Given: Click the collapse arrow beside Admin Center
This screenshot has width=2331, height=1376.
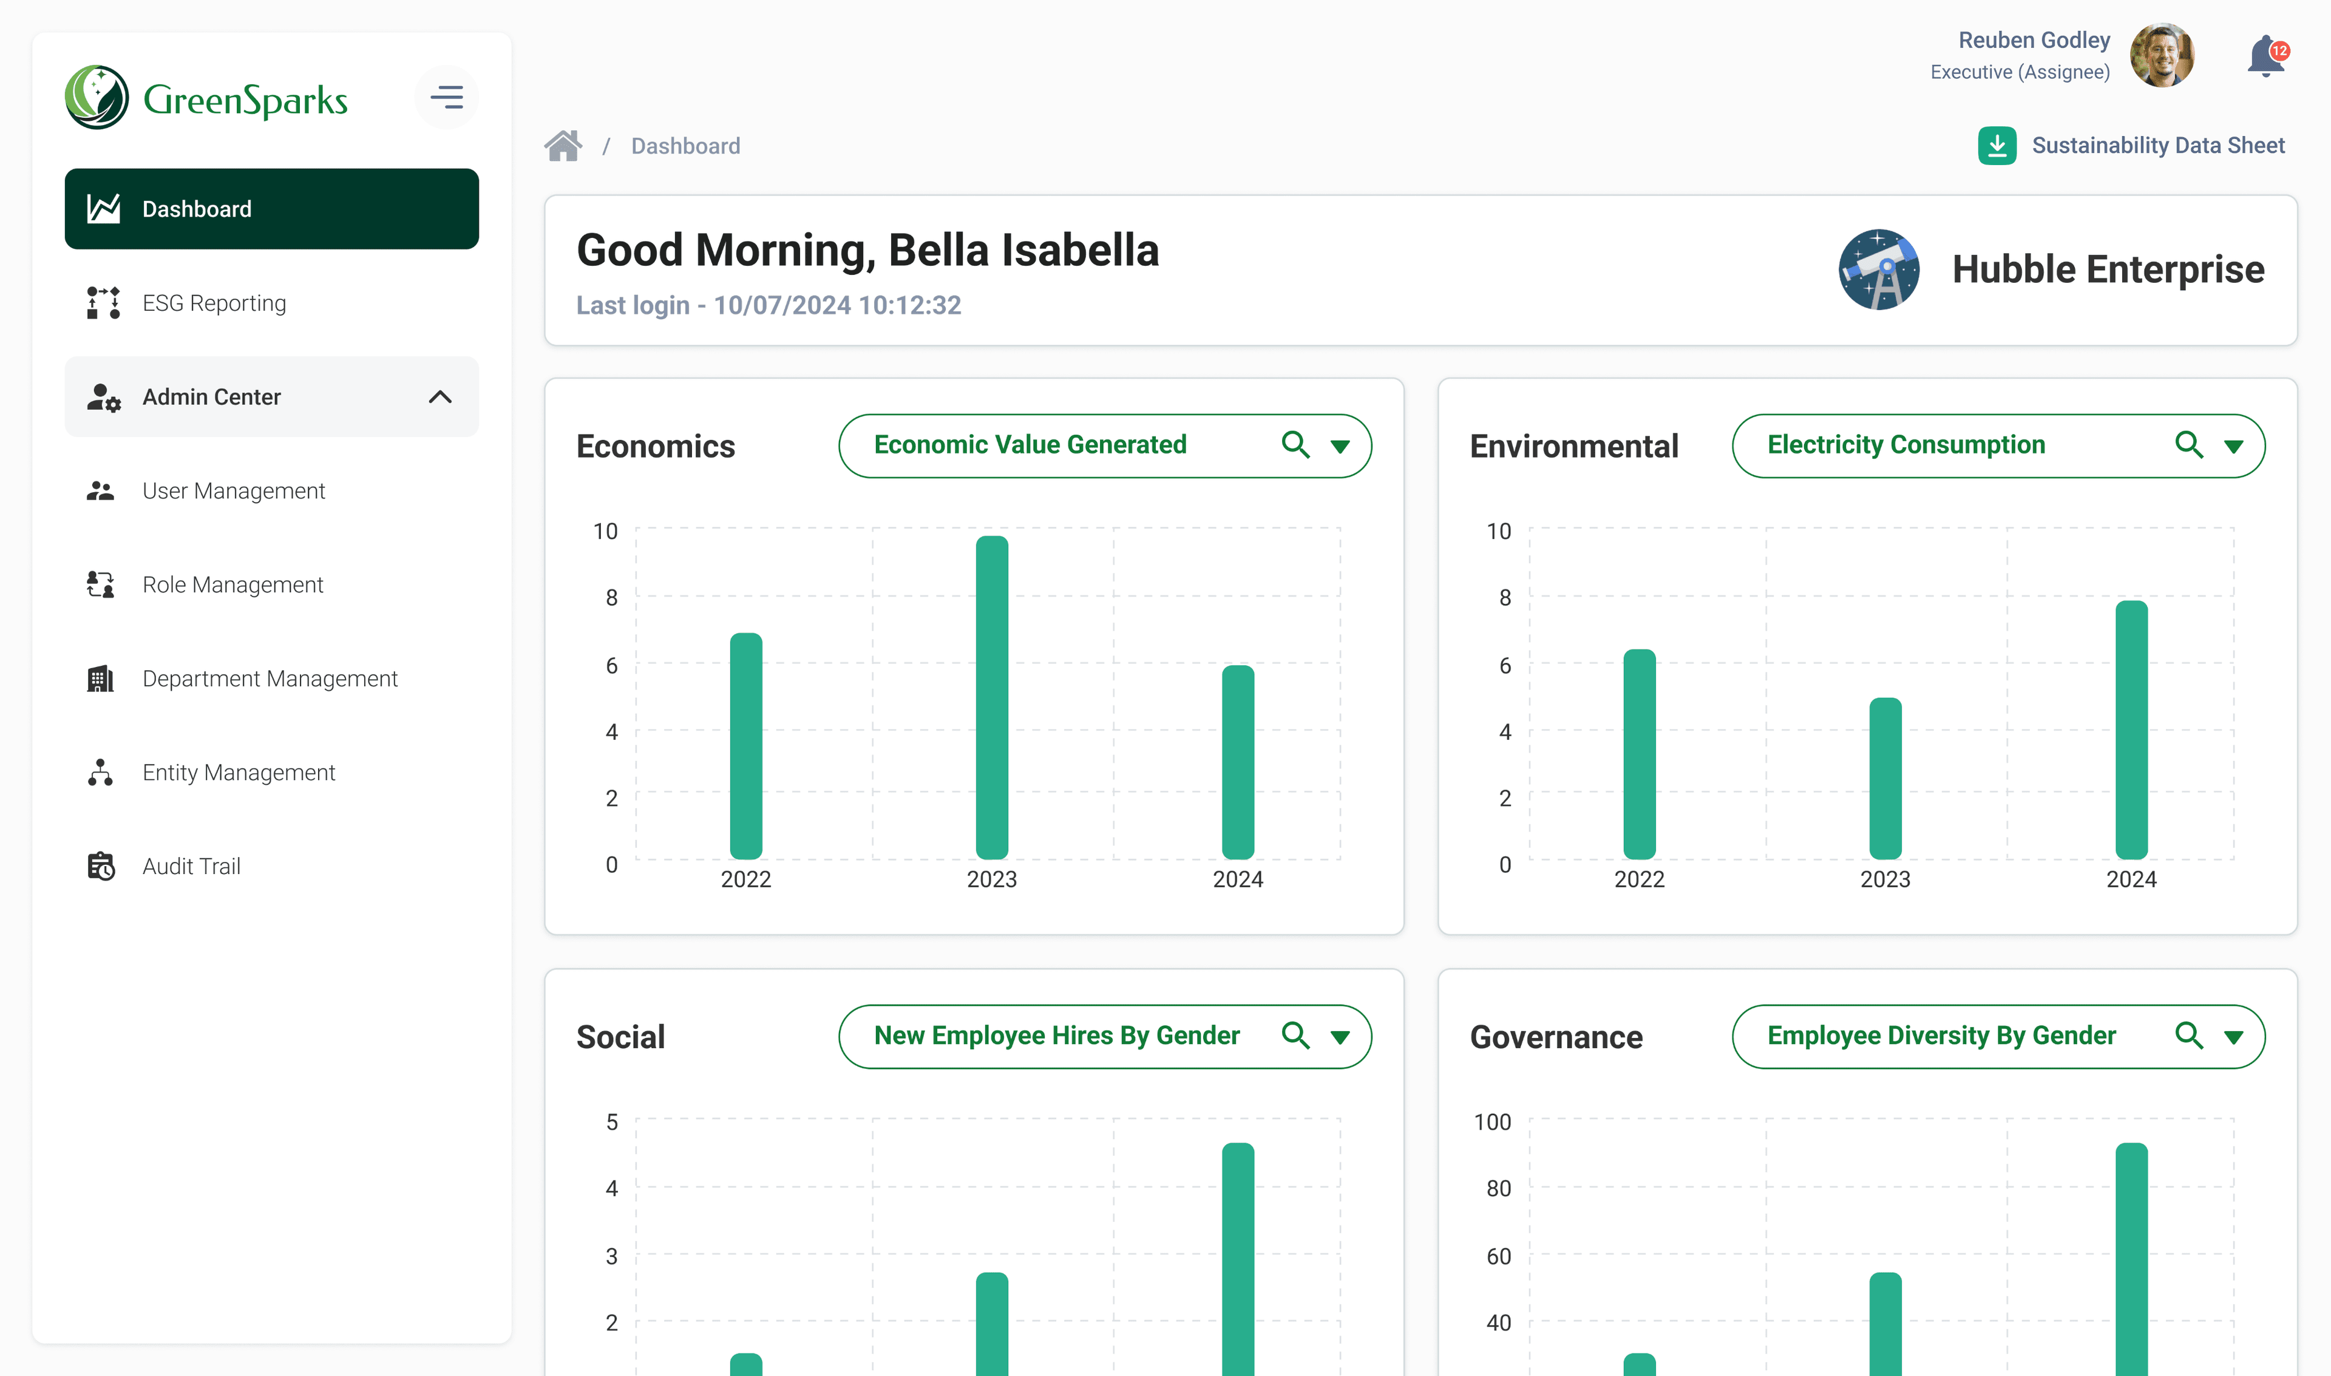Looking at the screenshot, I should (441, 397).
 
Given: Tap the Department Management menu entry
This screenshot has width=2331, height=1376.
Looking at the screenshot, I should (269, 679).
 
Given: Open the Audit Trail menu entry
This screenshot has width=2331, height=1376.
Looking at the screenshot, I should (191, 866).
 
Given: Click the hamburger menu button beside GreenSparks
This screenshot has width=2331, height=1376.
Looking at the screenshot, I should (447, 97).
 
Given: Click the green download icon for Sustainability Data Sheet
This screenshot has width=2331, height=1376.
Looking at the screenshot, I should (1997, 146).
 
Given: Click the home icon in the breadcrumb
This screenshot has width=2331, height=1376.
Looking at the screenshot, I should (563, 146).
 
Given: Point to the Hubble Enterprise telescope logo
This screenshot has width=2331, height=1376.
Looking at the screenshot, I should (1879, 270).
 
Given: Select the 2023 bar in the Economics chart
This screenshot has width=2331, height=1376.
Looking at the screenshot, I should (991, 697).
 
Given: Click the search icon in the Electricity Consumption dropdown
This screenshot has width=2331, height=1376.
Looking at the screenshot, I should (2188, 445).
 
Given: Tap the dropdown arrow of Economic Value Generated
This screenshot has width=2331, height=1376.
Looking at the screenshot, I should (1340, 446).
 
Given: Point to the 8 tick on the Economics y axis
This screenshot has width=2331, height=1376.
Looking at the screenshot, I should (611, 598).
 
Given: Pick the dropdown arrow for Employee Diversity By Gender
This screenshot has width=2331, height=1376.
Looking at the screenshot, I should (2234, 1037).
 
